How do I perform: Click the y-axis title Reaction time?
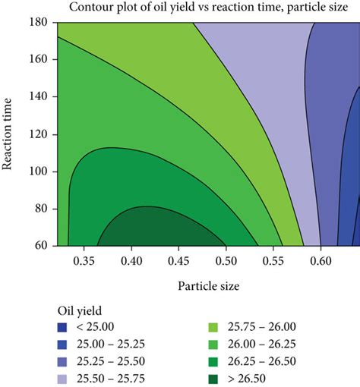(x=11, y=134)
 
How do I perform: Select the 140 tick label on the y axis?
(x=39, y=96)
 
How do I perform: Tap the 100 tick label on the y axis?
(x=39, y=171)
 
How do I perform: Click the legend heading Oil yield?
(x=81, y=311)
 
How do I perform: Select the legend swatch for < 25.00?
(x=63, y=329)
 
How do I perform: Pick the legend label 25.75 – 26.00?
(x=261, y=329)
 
